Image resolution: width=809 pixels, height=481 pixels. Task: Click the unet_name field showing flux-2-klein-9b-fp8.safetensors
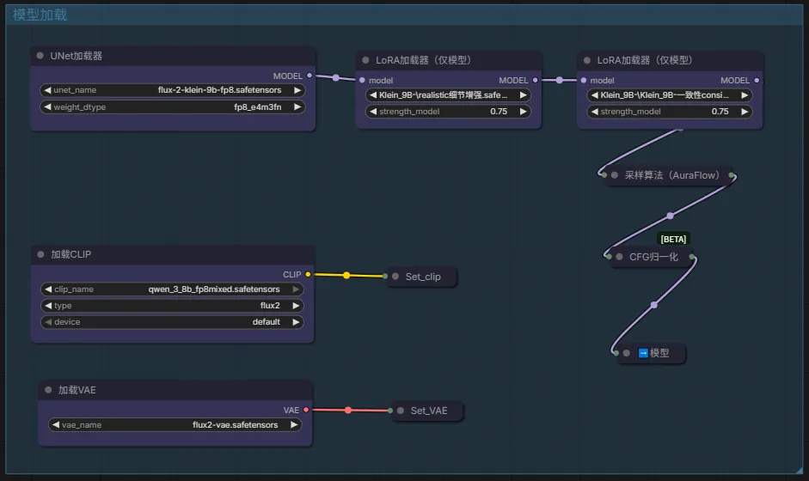coord(172,90)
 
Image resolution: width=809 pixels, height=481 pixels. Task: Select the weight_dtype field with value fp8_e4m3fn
coord(172,107)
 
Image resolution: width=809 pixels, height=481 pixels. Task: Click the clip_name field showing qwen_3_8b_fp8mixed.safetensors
coord(172,289)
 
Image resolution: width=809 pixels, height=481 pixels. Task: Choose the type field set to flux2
coord(172,306)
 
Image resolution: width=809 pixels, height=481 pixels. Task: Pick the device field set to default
coord(172,322)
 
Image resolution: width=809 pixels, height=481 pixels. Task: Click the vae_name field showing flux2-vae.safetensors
coord(175,425)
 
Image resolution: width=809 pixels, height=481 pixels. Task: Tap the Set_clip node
coord(423,277)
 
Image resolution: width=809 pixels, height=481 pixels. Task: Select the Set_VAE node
coord(428,411)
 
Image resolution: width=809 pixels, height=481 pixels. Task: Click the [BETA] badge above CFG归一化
coord(673,239)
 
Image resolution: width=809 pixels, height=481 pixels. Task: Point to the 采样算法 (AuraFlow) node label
coord(671,175)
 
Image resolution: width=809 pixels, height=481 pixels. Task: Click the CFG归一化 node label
coord(653,257)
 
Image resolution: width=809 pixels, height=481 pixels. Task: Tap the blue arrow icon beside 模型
coord(643,353)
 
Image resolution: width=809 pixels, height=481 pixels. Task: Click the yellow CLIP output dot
coord(308,274)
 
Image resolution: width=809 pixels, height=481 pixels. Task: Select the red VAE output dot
coord(306,410)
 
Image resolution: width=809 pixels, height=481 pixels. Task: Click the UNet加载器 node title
coord(77,56)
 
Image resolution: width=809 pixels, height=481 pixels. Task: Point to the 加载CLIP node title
coord(71,254)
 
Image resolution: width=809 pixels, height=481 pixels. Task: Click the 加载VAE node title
coord(77,390)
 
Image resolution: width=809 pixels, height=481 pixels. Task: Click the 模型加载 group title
coord(40,15)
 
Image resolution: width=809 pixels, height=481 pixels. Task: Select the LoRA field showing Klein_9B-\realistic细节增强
coord(448,94)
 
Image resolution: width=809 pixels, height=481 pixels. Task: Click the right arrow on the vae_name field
coord(294,425)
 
